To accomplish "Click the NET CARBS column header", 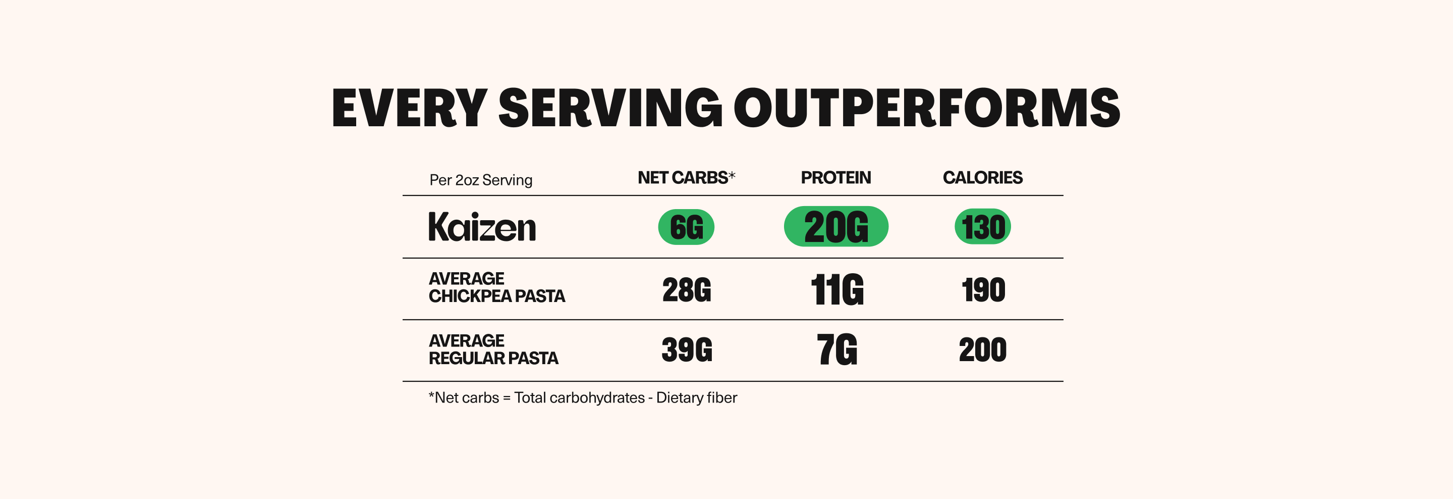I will (686, 178).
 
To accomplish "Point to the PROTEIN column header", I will (836, 178).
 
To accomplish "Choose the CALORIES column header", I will (983, 178).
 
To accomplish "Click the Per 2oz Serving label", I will (481, 180).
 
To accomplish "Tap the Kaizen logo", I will (482, 227).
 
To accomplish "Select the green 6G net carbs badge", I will (686, 227).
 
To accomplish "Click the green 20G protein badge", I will (836, 227).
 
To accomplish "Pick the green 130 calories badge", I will (983, 227).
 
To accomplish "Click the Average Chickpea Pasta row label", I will (496, 287).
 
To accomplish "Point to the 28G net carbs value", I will (687, 290).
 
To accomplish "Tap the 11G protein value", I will (837, 290).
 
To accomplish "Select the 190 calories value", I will (983, 290).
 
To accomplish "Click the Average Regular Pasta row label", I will (493, 350).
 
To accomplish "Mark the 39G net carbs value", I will (687, 350).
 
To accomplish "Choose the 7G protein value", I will (837, 350).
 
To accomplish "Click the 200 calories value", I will (983, 350).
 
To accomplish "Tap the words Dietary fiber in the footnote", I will (697, 398).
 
